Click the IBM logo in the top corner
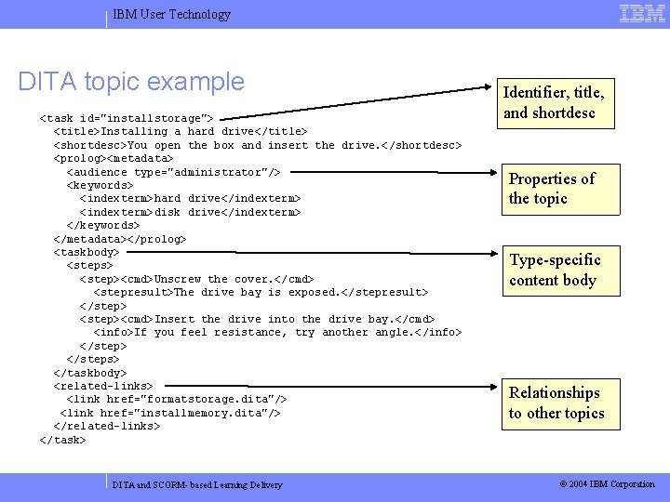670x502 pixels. [x=643, y=13]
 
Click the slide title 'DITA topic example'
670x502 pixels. [x=131, y=81]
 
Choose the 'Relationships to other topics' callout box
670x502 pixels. [x=556, y=403]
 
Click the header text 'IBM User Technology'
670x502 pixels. [x=171, y=14]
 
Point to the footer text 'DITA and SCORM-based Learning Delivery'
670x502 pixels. [x=197, y=484]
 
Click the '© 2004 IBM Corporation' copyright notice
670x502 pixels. [x=607, y=483]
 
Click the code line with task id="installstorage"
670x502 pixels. [x=127, y=118]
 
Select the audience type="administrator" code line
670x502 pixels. [x=173, y=172]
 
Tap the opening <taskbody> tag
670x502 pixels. [x=87, y=252]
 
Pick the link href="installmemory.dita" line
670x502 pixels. [x=170, y=412]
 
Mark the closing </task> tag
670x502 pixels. [x=62, y=440]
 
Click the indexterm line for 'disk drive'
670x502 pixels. [x=191, y=212]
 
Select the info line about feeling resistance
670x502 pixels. [x=278, y=332]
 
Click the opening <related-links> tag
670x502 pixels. [x=103, y=385]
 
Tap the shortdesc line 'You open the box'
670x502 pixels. [x=258, y=145]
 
